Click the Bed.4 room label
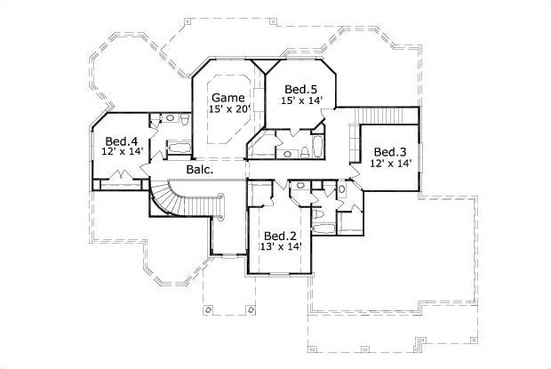point(121,140)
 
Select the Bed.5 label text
point(301,89)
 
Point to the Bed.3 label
point(391,151)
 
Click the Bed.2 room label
point(279,235)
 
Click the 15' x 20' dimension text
point(230,108)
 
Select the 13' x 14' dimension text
point(280,246)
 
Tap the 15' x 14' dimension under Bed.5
point(302,100)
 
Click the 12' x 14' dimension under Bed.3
point(391,164)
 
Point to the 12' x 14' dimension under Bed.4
point(122,152)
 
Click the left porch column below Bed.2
point(208,309)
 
